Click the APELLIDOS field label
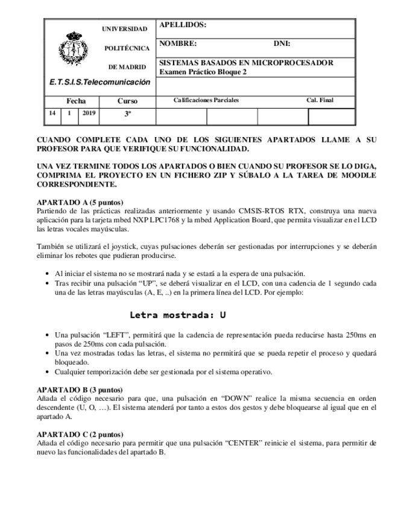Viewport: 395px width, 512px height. coord(182,25)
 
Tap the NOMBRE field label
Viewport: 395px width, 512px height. coord(178,43)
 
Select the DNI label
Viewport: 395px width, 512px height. coord(282,43)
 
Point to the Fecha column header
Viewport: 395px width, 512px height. coord(76,101)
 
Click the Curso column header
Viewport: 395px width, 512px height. coord(127,101)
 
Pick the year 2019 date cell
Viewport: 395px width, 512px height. coord(89,113)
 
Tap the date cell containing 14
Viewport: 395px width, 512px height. coord(52,113)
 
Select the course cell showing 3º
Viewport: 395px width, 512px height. coord(127,114)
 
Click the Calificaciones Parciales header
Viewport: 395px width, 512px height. coord(206,100)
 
